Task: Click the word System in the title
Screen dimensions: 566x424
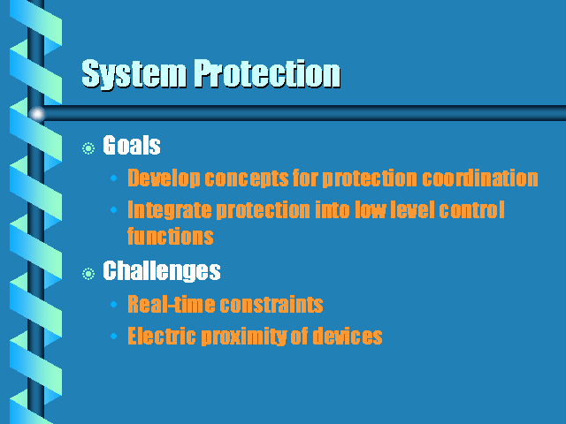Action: coord(134,73)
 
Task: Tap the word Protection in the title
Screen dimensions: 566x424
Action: coord(267,73)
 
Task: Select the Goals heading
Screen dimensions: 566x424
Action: coord(132,145)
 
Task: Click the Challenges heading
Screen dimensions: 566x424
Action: coord(162,271)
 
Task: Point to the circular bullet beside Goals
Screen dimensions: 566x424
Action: coord(88,148)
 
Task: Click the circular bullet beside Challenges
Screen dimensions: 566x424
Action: coord(88,274)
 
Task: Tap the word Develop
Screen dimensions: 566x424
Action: coord(164,178)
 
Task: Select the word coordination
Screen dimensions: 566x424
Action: coord(480,178)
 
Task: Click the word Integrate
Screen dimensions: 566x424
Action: coord(169,210)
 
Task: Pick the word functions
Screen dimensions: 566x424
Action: coord(171,236)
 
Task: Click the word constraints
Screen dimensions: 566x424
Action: coord(272,304)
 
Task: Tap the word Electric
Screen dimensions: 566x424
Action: coord(162,336)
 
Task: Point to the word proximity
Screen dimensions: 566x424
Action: coord(244,336)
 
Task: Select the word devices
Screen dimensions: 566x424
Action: coord(348,336)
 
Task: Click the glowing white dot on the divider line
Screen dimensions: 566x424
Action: coord(37,114)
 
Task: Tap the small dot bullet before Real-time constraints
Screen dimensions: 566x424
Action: coord(114,305)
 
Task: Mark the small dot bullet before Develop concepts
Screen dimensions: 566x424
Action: coord(114,178)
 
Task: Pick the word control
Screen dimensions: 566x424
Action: coord(471,210)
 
